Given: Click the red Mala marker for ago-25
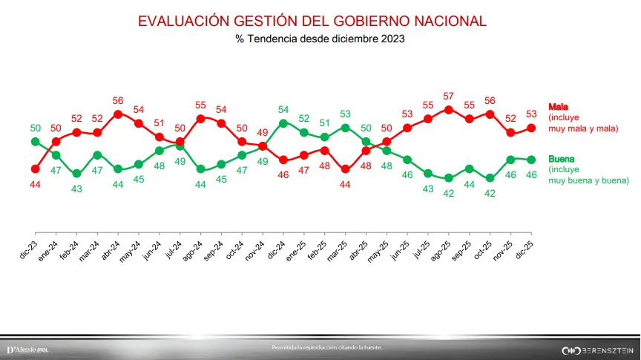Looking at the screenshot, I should [448, 109].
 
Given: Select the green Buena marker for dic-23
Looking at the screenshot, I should [35, 141].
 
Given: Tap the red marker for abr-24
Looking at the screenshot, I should [118, 114].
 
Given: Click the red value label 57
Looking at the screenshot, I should [448, 96].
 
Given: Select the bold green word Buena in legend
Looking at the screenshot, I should [562, 159].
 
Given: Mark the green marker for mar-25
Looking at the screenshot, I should [345, 128].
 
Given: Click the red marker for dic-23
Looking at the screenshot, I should [35, 168].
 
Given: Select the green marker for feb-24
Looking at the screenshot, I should [76, 173].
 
